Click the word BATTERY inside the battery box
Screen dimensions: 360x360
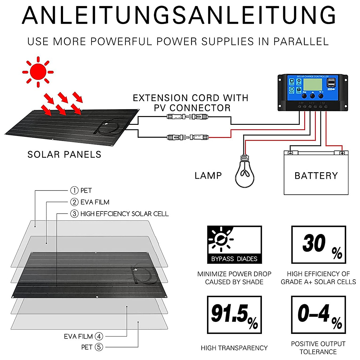point(316,176)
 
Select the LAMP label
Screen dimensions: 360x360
point(208,176)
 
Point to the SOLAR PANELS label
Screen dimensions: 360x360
point(64,154)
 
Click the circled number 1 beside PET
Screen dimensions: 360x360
point(74,190)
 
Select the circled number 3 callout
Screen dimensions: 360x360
point(74,214)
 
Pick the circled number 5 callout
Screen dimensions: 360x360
point(99,347)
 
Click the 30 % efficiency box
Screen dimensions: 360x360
point(319,245)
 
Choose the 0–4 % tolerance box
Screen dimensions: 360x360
point(319,315)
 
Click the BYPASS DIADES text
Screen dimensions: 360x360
point(234,259)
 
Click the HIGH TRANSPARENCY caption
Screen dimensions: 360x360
point(234,348)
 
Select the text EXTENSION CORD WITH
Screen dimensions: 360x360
point(190,98)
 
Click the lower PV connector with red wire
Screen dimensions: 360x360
point(187,137)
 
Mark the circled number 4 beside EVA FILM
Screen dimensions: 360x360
point(99,336)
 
